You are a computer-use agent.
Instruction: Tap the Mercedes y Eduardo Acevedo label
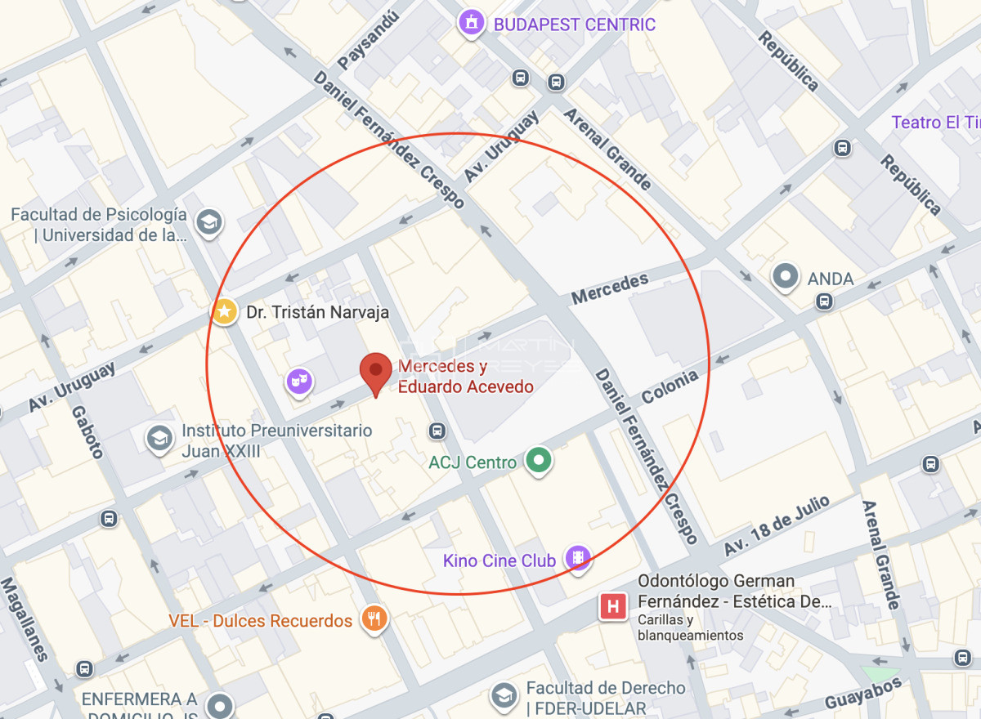click(465, 377)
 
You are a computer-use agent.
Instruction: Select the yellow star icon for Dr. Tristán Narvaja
click(224, 311)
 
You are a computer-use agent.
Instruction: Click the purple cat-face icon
click(300, 381)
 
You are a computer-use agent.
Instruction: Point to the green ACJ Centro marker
click(538, 462)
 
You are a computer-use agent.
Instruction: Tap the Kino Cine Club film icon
click(579, 560)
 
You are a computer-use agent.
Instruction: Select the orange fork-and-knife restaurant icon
click(374, 619)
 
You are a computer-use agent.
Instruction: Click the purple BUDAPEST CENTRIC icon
click(471, 24)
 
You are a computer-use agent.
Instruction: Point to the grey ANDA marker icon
click(786, 278)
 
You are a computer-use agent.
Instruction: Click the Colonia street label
click(670, 387)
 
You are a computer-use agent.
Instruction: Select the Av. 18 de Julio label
click(776, 525)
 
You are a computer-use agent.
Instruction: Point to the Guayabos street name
click(862, 693)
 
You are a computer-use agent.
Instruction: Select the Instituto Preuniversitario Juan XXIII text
click(276, 440)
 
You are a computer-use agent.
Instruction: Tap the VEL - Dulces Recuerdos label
click(261, 621)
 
